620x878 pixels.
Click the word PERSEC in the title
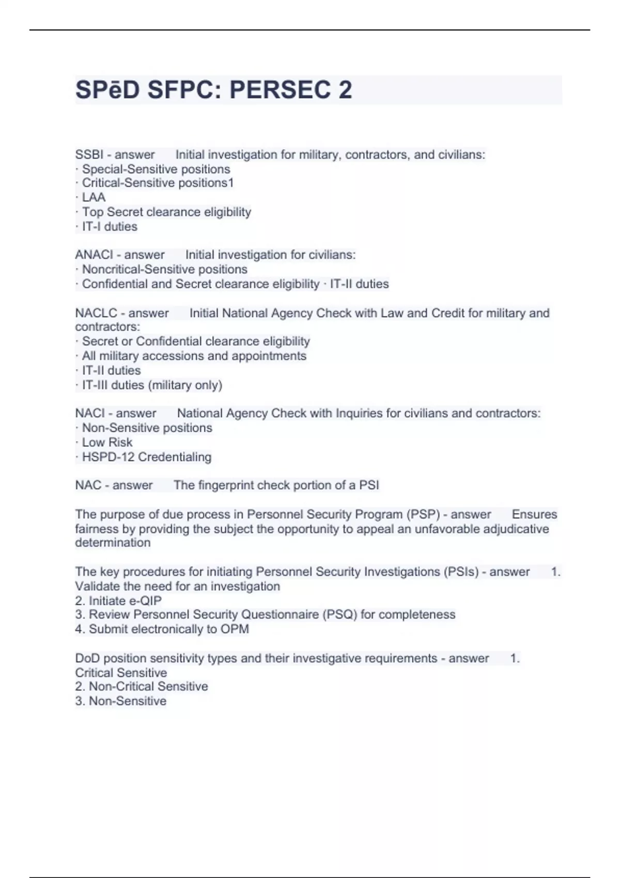[280, 90]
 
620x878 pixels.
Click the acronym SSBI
[89, 154]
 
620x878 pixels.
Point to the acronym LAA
[94, 197]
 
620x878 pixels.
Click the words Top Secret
[113, 212]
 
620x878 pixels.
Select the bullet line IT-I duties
[109, 226]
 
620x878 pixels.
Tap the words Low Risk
[107, 442]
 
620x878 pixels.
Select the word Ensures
[534, 514]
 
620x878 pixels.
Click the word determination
[113, 542]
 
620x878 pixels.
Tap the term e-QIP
[142, 601]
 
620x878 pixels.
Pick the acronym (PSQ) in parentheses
[340, 614]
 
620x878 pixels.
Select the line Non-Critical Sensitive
[148, 686]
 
